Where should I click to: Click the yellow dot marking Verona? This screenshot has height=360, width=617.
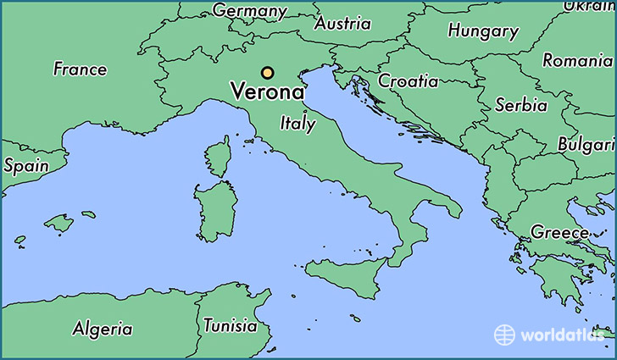pos(268,73)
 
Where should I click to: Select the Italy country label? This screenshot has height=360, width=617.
pos(297,123)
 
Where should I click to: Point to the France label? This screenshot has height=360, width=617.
pos(80,69)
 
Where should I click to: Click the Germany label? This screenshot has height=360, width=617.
pos(249,11)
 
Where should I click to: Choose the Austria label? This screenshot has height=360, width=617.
pos(342,24)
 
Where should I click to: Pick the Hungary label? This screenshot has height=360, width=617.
pos(483,32)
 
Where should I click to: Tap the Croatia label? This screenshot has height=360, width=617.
pos(409,81)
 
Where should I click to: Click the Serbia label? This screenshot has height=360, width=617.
pos(520,105)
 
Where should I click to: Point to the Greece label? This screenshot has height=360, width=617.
pos(559,231)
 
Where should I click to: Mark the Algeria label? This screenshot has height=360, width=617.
pos(102,329)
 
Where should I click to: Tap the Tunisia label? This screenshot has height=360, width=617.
pos(230,325)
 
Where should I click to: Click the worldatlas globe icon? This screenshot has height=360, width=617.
pos(505,334)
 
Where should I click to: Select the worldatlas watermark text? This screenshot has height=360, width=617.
pos(563,335)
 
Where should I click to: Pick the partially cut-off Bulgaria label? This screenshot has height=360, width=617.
pos(586,145)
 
